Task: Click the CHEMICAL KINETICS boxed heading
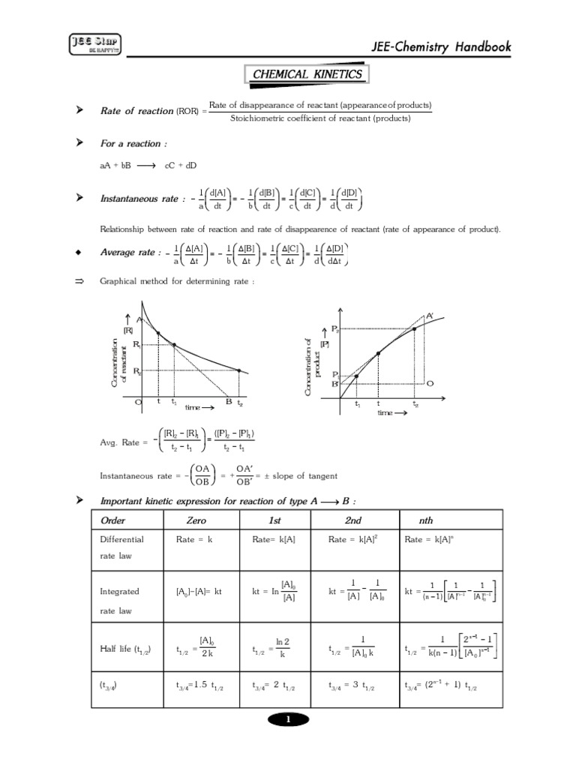click(307, 74)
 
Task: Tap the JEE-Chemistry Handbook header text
click(446, 47)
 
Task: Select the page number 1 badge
click(288, 720)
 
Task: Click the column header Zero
click(196, 520)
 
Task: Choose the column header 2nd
click(353, 520)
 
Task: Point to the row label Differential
click(121, 538)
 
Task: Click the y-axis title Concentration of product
click(312, 367)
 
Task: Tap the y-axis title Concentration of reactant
click(118, 363)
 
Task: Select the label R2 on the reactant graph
click(136, 370)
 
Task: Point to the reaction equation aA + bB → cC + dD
click(148, 165)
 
